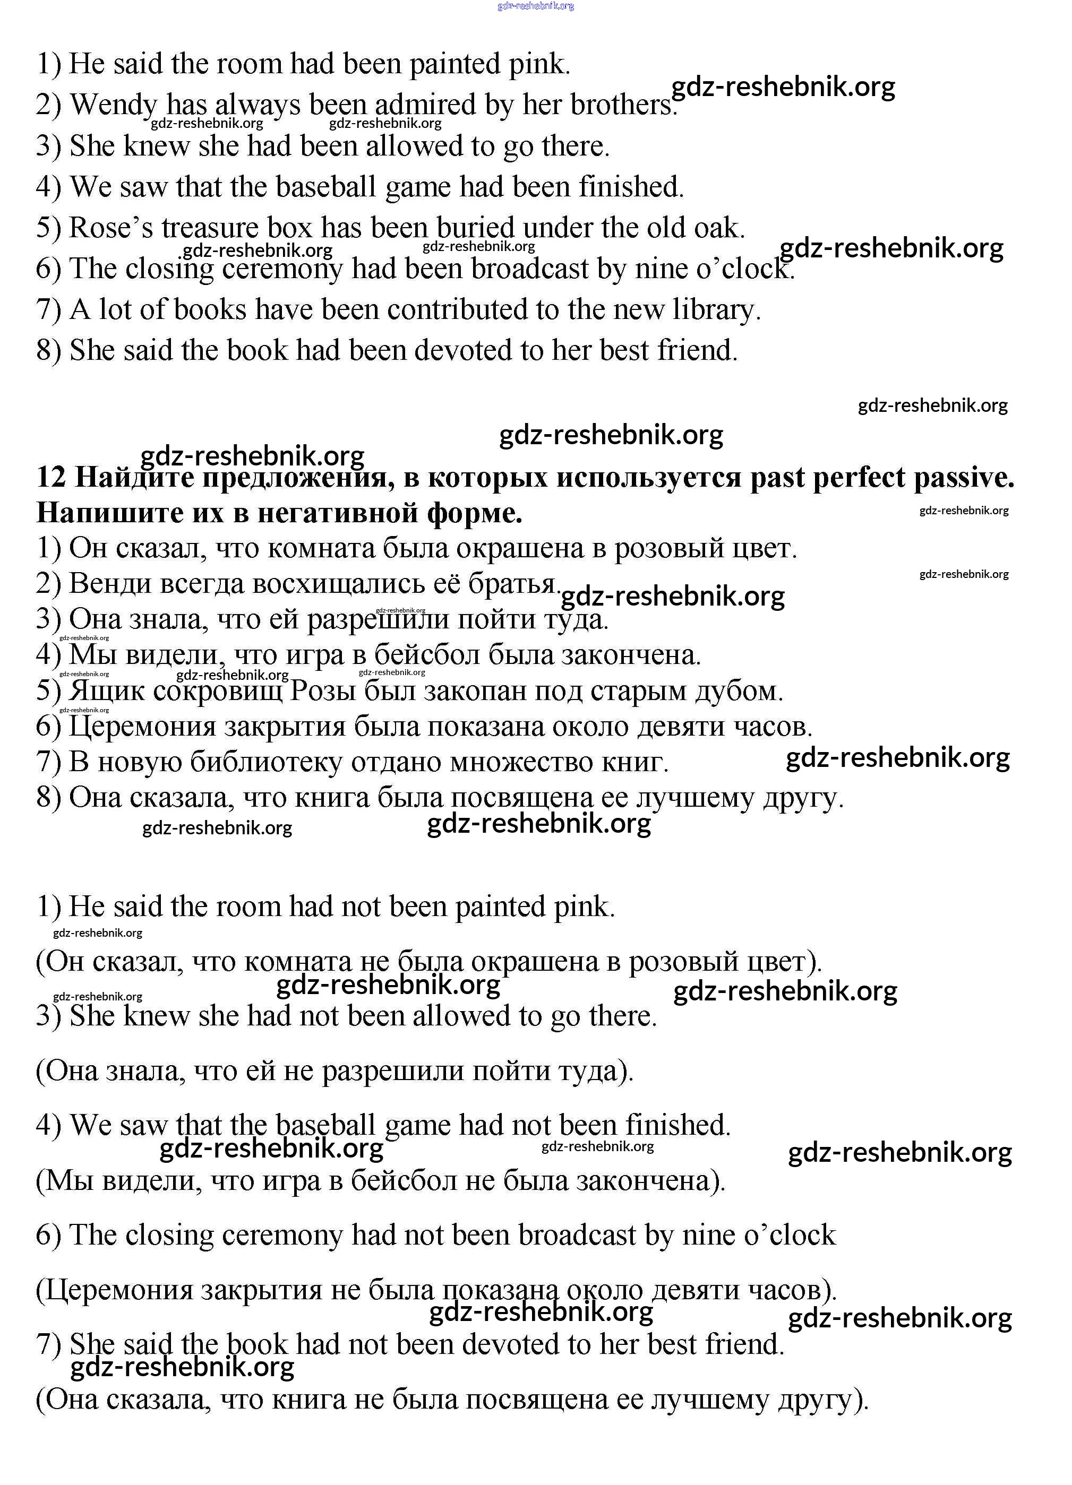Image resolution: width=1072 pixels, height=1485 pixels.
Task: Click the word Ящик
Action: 107,691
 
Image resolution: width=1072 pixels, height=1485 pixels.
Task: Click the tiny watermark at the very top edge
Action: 536,6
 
